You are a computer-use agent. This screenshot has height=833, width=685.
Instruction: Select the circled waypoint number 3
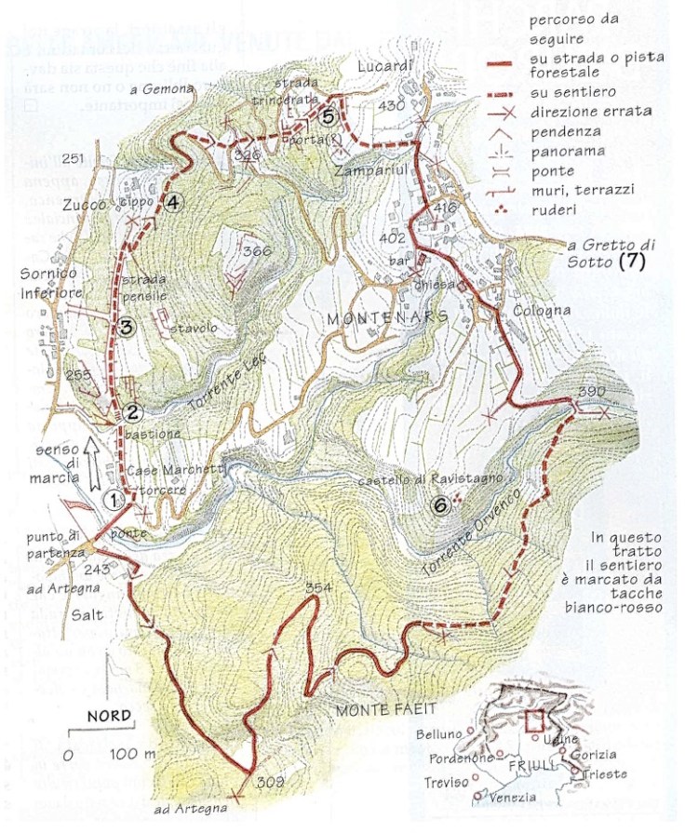(x=126, y=326)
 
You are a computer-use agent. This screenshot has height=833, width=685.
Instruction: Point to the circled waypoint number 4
(x=174, y=201)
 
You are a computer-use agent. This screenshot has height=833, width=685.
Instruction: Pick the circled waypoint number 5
(x=327, y=116)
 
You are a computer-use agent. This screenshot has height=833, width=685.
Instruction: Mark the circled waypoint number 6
(x=441, y=505)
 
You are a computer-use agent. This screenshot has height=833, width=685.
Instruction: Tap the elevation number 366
(x=255, y=251)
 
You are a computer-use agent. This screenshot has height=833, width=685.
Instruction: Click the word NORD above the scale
(x=108, y=717)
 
